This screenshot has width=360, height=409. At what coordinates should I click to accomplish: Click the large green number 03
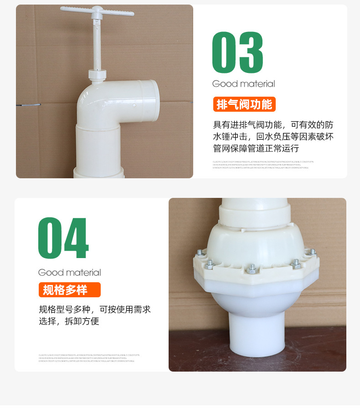tap(237, 52)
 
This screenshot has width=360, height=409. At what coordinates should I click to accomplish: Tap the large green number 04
tap(63, 238)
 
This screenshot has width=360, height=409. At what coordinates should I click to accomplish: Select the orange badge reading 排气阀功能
tap(244, 104)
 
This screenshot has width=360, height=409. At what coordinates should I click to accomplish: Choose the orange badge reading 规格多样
tap(69, 290)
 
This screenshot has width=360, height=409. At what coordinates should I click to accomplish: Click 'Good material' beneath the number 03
tap(243, 84)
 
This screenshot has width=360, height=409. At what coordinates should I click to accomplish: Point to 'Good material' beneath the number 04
tap(69, 273)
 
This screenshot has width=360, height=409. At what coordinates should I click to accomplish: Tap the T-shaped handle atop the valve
tap(97, 11)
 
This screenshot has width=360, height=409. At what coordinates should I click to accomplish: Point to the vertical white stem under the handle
tap(97, 46)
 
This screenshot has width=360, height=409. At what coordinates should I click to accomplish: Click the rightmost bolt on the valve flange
tap(312, 251)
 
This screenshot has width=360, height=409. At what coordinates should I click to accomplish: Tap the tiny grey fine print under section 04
tap(89, 357)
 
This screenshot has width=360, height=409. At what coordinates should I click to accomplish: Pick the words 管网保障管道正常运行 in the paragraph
tap(256, 149)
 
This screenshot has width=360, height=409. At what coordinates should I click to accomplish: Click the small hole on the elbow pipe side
tap(134, 105)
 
